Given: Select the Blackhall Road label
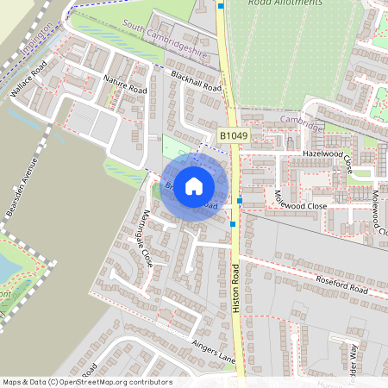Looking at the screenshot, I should [x=196, y=82].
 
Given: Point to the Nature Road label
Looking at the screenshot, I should [x=126, y=84].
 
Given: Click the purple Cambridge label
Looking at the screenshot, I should [x=301, y=122].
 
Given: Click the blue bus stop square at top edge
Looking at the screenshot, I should [x=222, y=5].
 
